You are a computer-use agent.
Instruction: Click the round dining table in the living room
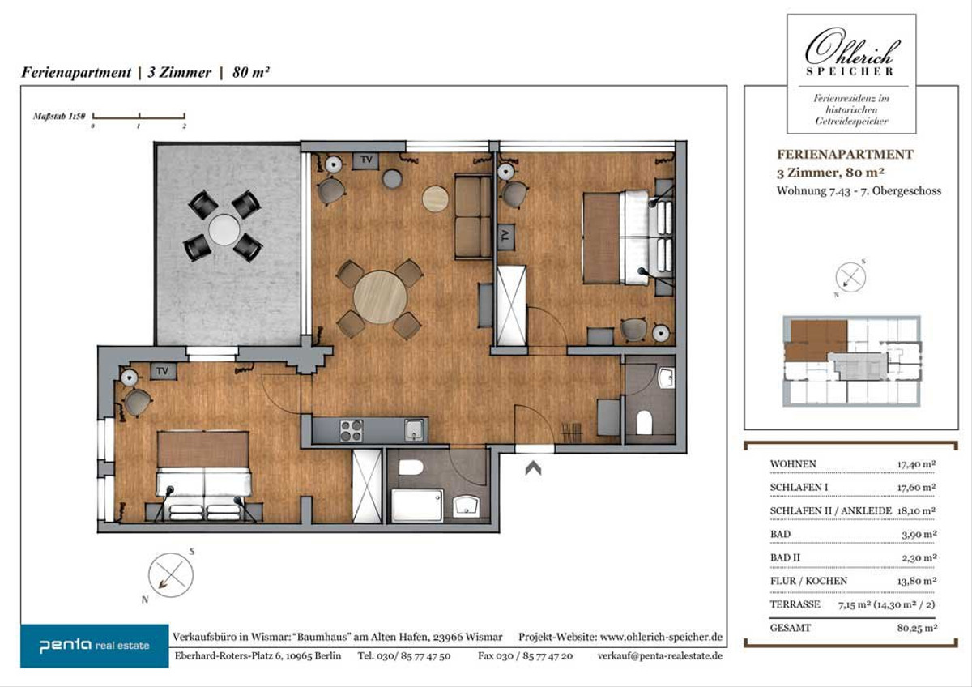click(380, 297)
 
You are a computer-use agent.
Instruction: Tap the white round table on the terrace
click(224, 229)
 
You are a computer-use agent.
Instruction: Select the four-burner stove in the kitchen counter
click(351, 430)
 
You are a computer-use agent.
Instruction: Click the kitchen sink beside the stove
click(415, 429)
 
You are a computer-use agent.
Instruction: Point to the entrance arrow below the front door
click(533, 467)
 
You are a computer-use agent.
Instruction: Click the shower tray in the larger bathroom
click(417, 506)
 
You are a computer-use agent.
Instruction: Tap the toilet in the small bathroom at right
click(645, 422)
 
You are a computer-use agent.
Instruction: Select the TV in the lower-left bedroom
click(163, 371)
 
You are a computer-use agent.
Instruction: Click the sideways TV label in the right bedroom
click(505, 236)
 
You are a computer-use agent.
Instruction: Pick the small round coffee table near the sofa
click(435, 198)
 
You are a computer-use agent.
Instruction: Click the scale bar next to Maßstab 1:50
click(139, 117)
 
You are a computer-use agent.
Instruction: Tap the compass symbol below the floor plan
click(171, 575)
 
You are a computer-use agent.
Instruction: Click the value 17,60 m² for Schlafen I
click(916, 488)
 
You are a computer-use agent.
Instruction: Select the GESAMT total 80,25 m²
click(917, 628)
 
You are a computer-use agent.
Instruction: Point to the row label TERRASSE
click(795, 604)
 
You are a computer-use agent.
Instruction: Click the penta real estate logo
click(95, 646)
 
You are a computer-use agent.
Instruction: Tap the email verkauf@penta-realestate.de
click(660, 655)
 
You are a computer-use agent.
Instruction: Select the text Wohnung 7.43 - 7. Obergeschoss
click(859, 191)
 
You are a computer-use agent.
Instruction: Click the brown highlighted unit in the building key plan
click(816, 341)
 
